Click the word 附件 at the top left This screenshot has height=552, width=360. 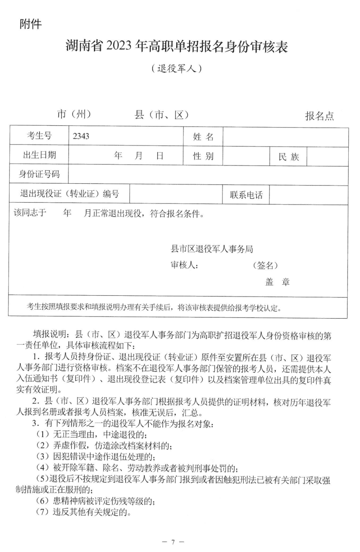(31, 24)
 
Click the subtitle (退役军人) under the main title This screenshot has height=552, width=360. (176, 69)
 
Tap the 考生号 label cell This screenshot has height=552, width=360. (39, 136)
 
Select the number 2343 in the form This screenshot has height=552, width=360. (81, 136)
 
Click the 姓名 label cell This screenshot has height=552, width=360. (203, 137)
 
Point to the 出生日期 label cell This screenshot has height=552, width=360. (39, 155)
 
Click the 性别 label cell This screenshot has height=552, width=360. (203, 156)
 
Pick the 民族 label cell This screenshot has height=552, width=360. (289, 157)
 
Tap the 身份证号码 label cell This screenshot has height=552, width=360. (39, 174)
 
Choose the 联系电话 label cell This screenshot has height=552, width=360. (246, 195)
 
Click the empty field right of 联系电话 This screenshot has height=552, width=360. (309, 195)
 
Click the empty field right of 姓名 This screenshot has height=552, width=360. (286, 137)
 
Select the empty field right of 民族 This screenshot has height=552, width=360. (327, 157)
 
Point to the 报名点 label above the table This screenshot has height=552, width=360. (319, 116)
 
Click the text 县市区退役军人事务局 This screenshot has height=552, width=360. (212, 249)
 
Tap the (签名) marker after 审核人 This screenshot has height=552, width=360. (265, 266)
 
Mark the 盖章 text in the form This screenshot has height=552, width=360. (277, 282)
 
